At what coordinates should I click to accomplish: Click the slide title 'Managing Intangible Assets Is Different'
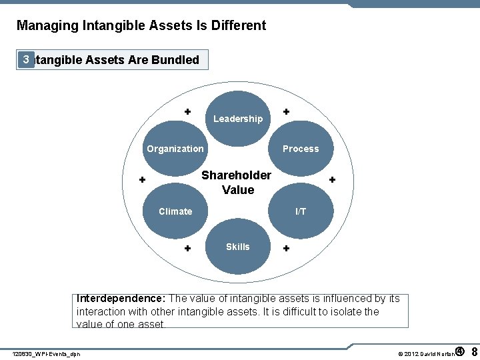click(141, 26)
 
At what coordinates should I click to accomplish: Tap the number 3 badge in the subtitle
click(25, 59)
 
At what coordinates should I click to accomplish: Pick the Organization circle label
click(175, 149)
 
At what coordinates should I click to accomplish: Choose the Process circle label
click(301, 149)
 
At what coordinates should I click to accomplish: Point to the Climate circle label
click(175, 211)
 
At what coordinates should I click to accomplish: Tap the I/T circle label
click(301, 211)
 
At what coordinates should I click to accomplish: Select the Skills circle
click(238, 247)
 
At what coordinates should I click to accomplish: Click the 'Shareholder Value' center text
click(237, 183)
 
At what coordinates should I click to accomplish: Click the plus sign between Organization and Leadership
click(188, 111)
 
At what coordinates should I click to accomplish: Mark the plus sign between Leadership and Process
click(286, 111)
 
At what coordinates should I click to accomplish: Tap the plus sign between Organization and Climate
click(142, 180)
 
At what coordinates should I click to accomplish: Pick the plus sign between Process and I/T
click(332, 180)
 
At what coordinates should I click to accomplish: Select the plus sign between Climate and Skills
click(188, 249)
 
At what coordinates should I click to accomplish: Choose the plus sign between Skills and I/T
click(286, 249)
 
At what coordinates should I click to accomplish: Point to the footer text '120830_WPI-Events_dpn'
click(47, 353)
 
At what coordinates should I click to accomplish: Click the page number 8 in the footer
click(474, 351)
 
